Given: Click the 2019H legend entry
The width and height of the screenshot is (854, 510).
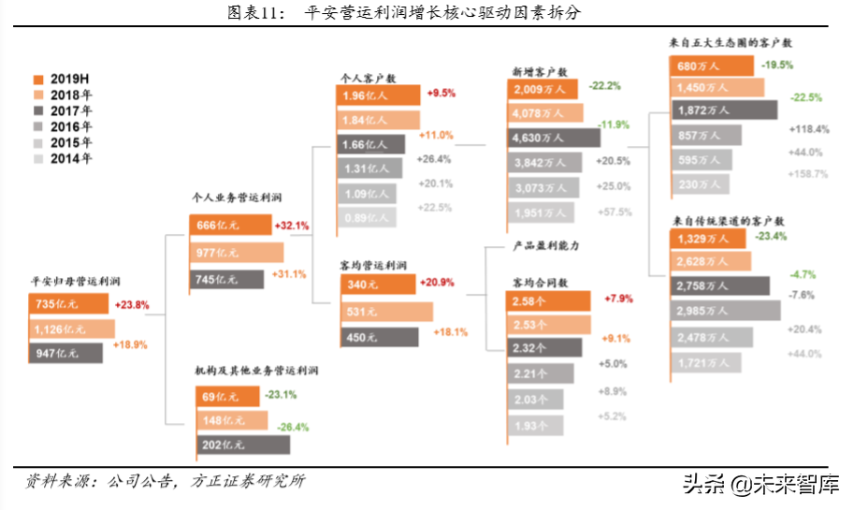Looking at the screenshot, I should point(62,79).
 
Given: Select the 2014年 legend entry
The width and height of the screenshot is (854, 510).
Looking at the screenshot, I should point(62,158).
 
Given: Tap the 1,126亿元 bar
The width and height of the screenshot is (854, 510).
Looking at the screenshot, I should point(71,328).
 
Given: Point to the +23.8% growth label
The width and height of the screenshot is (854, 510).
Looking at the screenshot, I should point(131,304).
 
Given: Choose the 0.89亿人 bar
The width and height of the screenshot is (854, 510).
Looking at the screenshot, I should point(367,218).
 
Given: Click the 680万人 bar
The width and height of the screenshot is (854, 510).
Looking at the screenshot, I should point(712,66).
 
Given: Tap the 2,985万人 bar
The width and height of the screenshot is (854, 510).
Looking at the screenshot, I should point(725,310).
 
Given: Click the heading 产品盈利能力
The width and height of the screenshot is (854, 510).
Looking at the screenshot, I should point(546,246).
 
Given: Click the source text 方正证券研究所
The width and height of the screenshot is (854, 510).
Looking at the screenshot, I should point(248,482).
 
